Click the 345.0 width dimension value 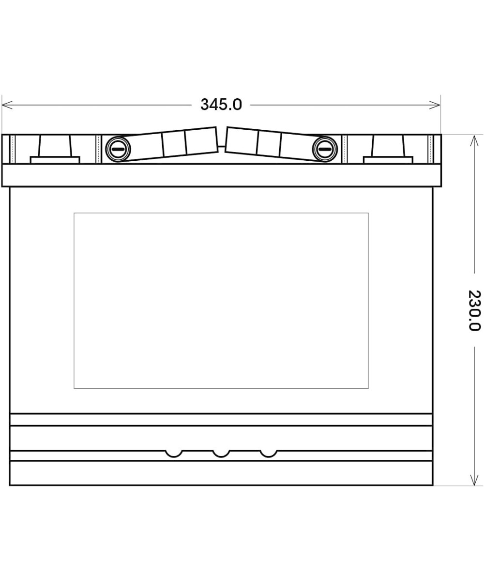click(221, 105)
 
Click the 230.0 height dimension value click(474, 310)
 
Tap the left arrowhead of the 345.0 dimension click(7, 105)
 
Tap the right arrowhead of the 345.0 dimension click(435, 105)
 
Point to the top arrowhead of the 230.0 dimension click(474, 141)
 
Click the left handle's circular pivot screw click(118, 149)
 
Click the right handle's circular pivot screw click(325, 149)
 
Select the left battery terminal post click(55, 146)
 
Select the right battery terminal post click(388, 146)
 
